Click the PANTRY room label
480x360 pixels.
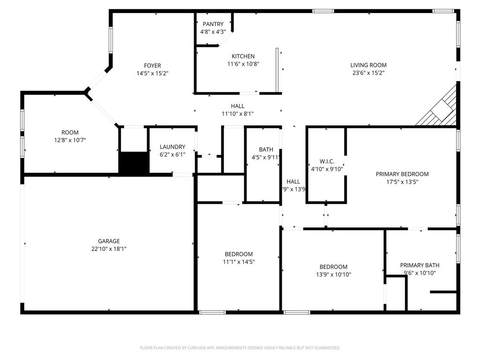point(213,24)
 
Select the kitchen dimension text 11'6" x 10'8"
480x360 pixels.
point(243,64)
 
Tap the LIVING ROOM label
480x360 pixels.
point(368,65)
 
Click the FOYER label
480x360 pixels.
point(152,66)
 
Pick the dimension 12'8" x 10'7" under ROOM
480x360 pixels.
point(70,140)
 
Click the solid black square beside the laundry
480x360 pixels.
point(134,163)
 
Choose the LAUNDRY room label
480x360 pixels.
point(172,147)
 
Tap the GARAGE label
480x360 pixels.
point(109,241)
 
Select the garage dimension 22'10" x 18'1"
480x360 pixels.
point(109,249)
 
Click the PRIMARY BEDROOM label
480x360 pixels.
point(402,174)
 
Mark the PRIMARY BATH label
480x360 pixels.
point(420,265)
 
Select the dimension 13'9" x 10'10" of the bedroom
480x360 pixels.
point(333,275)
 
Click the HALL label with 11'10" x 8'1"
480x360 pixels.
point(238,106)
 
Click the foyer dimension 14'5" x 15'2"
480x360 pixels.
point(152,73)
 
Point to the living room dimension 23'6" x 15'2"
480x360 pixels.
point(368,73)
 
